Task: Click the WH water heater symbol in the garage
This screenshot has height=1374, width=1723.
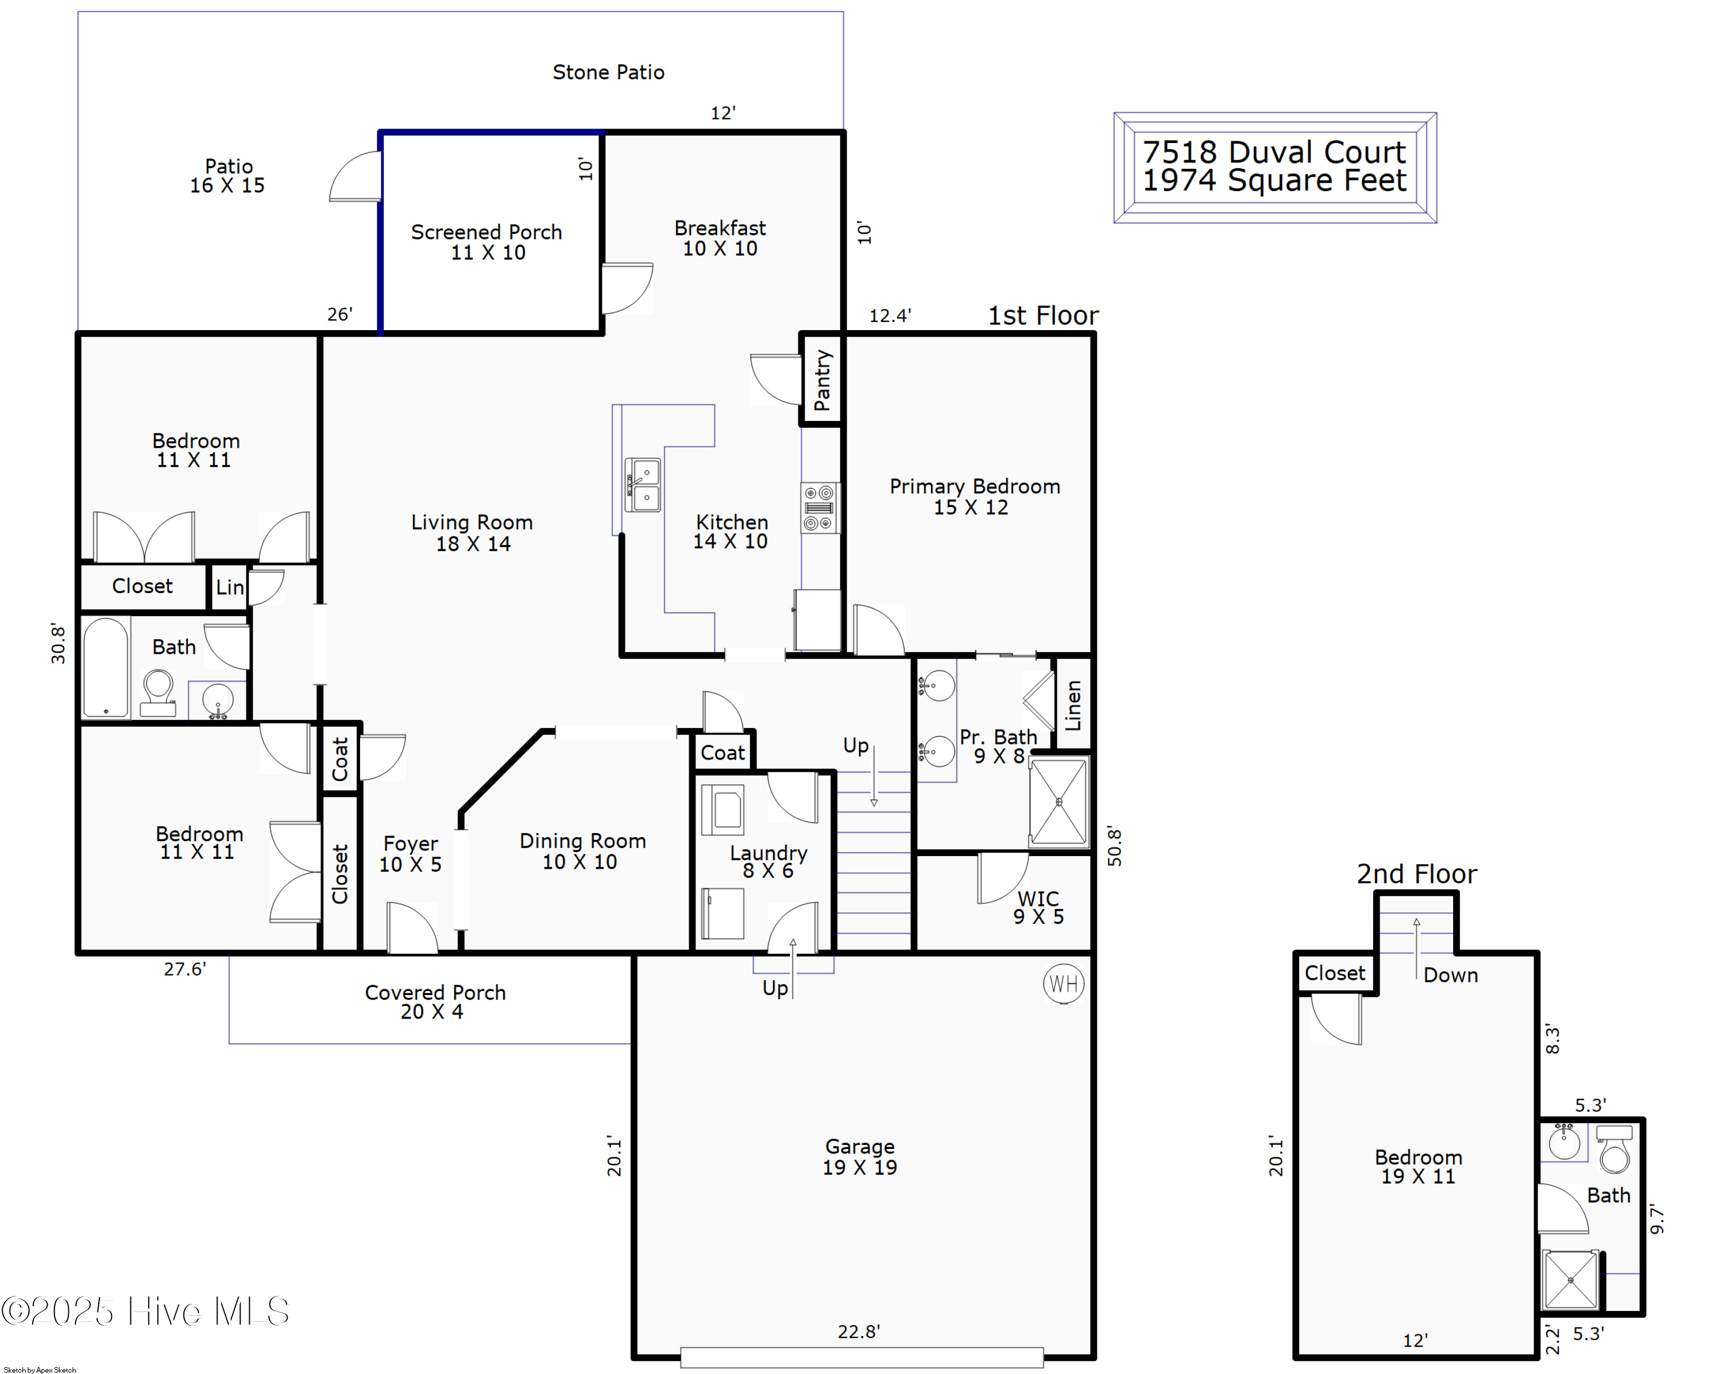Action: click(x=1063, y=984)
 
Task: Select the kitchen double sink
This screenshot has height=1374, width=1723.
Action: click(x=643, y=484)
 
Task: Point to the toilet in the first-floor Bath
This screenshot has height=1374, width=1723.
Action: click(x=159, y=692)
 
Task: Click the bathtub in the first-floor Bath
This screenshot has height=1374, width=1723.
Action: click(x=106, y=667)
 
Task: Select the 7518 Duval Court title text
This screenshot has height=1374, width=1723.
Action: click(x=1273, y=152)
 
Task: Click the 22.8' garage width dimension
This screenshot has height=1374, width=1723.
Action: click(x=858, y=1332)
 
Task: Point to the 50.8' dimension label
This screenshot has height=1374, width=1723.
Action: click(x=1114, y=847)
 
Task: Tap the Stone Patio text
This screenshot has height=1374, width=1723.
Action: click(x=608, y=73)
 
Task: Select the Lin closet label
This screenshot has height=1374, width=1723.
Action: click(x=229, y=587)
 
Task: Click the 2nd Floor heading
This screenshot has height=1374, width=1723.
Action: click(x=1416, y=874)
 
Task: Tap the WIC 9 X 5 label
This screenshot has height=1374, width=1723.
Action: click(x=1038, y=907)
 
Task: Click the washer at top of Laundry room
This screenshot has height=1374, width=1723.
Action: click(x=723, y=809)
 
